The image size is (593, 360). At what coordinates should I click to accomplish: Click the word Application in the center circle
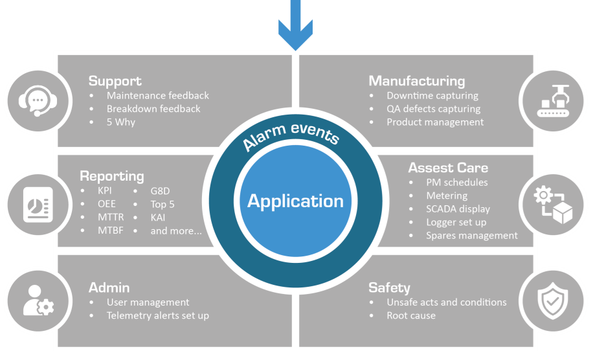[295, 201]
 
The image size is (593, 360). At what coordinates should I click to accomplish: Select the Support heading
[115, 81]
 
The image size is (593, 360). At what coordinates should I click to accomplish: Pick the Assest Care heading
[448, 168]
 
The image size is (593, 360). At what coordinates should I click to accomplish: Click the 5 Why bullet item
[120, 122]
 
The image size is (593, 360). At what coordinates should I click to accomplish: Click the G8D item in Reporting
[161, 190]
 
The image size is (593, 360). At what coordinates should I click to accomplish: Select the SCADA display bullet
[458, 208]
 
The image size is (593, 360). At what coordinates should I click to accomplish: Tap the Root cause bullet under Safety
[410, 315]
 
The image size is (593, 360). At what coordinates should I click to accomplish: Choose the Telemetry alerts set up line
[157, 315]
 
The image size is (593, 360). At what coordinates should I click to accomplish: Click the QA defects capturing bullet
[433, 109]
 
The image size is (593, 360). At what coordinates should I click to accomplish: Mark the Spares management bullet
[471, 236]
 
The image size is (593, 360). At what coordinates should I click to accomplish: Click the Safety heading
[389, 287]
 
